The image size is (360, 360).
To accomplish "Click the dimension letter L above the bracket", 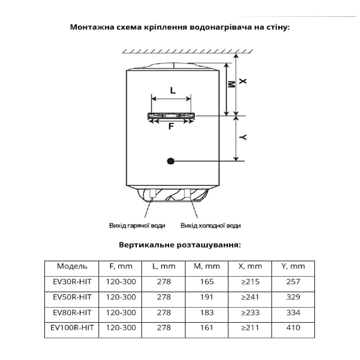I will pos(172,90).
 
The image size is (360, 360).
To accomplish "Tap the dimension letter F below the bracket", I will pos(171,127).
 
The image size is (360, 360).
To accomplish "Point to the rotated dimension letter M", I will pos(231,85).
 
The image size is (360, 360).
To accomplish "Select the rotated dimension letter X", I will pos(243,81).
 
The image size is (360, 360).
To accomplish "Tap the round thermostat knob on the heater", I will pos(171,161).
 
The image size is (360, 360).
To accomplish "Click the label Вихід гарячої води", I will pos(137,225).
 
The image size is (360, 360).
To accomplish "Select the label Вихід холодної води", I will pos(211,225).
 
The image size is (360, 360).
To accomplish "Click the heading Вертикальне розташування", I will pos(180,245).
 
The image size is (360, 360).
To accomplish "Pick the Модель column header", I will pos(72,266).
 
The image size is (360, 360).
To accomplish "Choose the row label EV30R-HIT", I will pos(72,282).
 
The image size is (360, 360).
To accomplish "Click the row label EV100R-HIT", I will pos(72,328).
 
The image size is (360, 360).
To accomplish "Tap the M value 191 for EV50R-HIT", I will pos(206,297).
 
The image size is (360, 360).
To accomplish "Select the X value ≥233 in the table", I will pos(250,313).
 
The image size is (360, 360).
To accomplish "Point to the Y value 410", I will pos(293,328).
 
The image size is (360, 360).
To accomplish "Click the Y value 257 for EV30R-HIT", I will pos(293,282).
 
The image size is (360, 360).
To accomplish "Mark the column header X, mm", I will pos(250,266).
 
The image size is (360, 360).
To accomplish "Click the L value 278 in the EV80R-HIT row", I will pos(163,313).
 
